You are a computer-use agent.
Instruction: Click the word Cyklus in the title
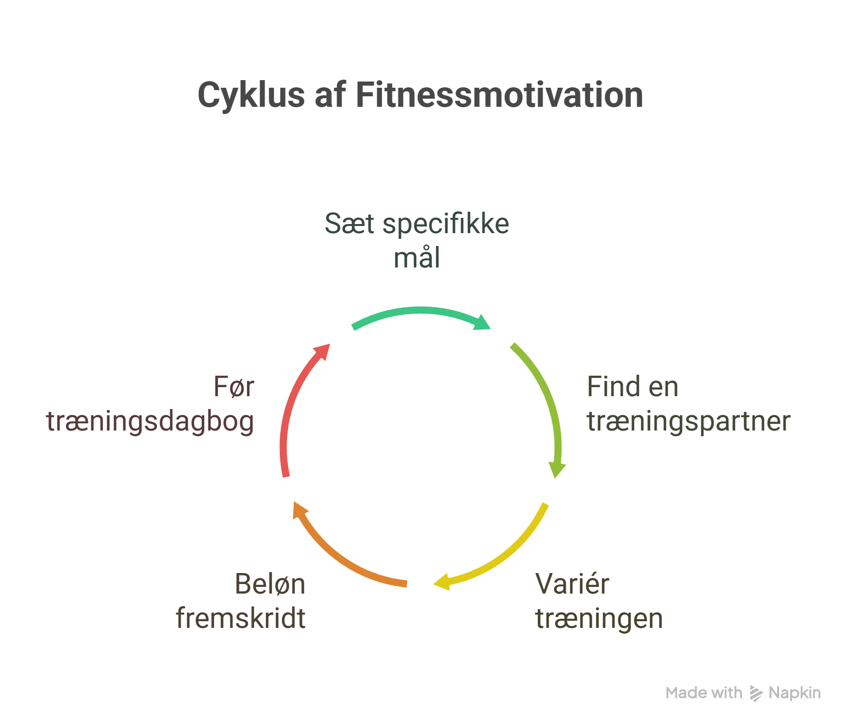pos(251,95)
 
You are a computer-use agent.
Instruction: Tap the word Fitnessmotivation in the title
pos(499,95)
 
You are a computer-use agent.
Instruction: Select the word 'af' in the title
pos(329,95)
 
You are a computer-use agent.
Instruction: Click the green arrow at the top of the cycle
pos(420,312)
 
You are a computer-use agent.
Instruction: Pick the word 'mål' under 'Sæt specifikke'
pos(417,258)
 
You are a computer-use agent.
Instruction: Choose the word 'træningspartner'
pos(688,421)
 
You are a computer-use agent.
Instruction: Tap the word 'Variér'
pos(572,584)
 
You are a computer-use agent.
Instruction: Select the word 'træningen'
pos(599,618)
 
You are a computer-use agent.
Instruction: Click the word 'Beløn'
pos(270,584)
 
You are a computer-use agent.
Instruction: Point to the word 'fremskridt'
pos(240,618)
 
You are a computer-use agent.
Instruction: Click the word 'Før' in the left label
pos(234,387)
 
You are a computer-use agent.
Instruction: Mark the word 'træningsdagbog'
pos(150,422)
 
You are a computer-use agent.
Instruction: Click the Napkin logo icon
pos(756,693)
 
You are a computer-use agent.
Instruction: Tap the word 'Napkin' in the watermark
pos(794,693)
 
